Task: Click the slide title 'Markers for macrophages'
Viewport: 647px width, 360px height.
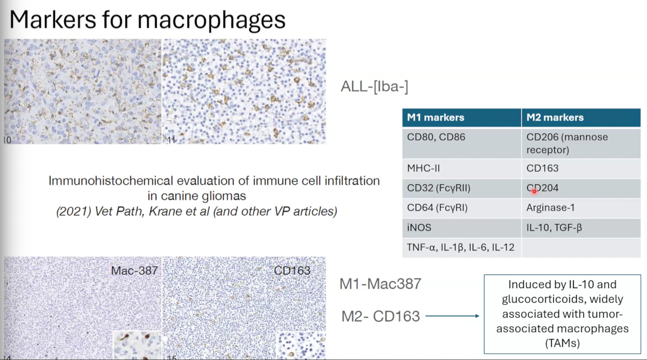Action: point(148,20)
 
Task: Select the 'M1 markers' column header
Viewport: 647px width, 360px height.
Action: point(462,118)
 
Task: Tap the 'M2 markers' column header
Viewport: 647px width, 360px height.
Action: point(581,118)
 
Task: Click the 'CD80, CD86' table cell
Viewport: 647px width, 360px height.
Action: point(462,143)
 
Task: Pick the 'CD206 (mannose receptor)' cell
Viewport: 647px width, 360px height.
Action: point(581,143)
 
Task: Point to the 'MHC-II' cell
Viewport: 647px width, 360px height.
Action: point(462,169)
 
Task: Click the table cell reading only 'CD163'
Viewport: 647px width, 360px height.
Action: point(581,169)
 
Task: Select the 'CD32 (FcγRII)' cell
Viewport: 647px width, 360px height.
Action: point(462,188)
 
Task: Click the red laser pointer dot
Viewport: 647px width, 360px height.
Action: point(534,191)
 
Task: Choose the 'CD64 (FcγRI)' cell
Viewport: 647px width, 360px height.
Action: point(462,208)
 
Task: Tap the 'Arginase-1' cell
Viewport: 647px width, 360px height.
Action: point(581,208)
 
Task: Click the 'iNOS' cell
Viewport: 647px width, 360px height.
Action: point(462,228)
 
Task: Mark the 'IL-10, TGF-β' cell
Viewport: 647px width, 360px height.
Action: point(581,228)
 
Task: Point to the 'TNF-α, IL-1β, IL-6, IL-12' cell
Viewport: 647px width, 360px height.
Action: point(462,247)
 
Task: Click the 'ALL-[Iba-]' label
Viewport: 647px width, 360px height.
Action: point(374,87)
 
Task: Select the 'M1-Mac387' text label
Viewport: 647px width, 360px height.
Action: point(381,284)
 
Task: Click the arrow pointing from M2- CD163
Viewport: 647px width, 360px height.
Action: point(452,316)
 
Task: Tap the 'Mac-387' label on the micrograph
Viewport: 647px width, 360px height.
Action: point(134,271)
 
